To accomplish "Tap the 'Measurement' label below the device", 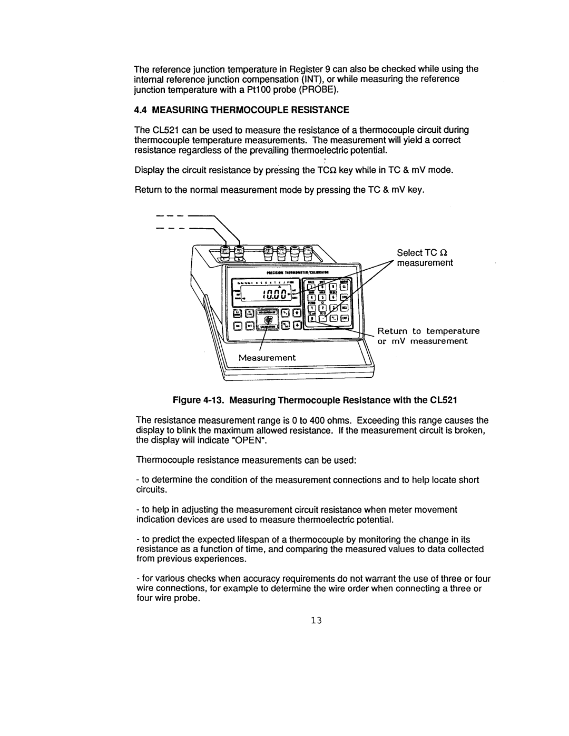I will pos(268,357).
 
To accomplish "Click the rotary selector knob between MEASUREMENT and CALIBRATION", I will pos(269,320).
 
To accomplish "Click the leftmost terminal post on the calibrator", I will pos(225,251).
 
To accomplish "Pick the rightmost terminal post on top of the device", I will pos(307,251).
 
